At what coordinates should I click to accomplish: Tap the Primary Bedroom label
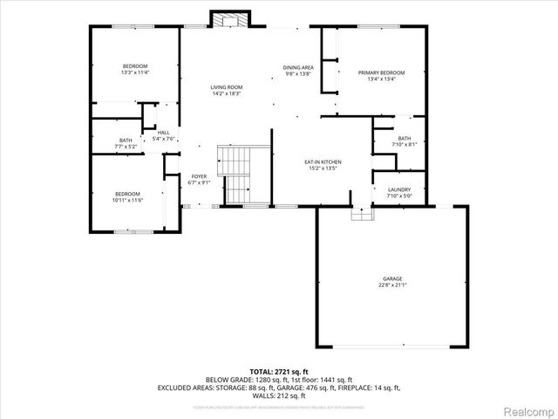pos(381,72)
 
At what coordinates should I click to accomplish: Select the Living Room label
pos(226,87)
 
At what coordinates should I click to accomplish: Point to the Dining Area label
pos(298,67)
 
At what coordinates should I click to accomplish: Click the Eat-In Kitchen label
pos(322,162)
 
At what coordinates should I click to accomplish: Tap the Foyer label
pos(199,176)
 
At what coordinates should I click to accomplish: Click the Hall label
pos(163,132)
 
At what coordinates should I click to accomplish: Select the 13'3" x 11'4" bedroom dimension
pos(135,73)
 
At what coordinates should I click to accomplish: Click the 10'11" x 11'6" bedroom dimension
pos(126,201)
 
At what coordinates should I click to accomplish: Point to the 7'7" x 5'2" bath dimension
pos(126,147)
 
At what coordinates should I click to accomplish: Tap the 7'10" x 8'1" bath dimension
pos(404,144)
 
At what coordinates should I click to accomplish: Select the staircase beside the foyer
pos(233,175)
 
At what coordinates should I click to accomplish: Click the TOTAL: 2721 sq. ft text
pos(278,372)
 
